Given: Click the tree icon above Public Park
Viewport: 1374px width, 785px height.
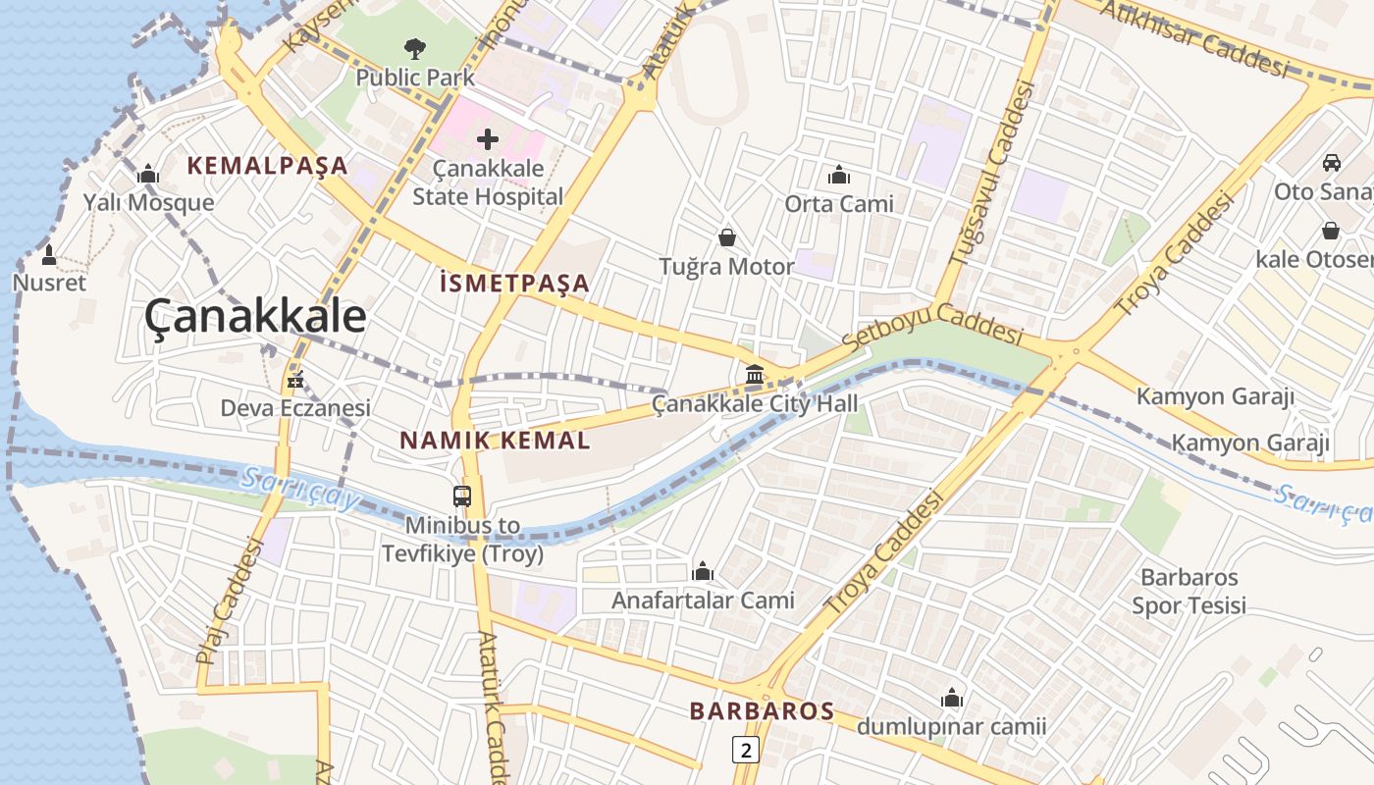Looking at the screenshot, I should [x=415, y=48].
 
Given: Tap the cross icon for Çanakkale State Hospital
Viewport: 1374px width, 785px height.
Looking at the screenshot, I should [x=488, y=139].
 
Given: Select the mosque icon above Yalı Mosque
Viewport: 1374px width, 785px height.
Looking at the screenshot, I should [x=149, y=175].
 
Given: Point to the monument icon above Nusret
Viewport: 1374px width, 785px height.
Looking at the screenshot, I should [x=49, y=255].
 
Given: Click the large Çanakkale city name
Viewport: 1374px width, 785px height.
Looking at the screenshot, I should [x=256, y=317].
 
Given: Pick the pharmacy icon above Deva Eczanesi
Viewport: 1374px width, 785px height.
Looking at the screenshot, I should [x=294, y=380].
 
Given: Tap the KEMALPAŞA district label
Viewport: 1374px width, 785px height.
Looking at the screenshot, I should [x=268, y=166].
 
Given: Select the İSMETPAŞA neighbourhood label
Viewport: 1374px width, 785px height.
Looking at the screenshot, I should [x=515, y=285].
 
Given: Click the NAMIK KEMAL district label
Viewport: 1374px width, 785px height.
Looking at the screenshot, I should [x=496, y=441].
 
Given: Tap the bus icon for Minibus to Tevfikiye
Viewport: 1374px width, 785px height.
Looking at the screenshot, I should [x=462, y=497].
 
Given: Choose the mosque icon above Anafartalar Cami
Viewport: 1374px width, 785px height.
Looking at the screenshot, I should [x=703, y=571].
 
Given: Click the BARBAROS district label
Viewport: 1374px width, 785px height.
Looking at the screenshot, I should [x=762, y=711].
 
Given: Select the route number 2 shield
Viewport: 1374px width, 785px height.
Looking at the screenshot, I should [x=747, y=751].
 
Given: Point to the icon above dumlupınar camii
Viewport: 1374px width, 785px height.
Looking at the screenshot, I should [x=952, y=699].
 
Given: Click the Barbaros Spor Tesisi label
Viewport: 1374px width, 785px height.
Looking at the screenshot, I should [x=1189, y=592].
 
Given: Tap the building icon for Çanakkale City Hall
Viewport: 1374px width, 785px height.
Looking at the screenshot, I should [x=755, y=375].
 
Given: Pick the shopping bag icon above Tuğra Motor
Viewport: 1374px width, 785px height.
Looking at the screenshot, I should [x=727, y=237].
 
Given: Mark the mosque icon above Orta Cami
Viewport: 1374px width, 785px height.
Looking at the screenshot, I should [x=839, y=176].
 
